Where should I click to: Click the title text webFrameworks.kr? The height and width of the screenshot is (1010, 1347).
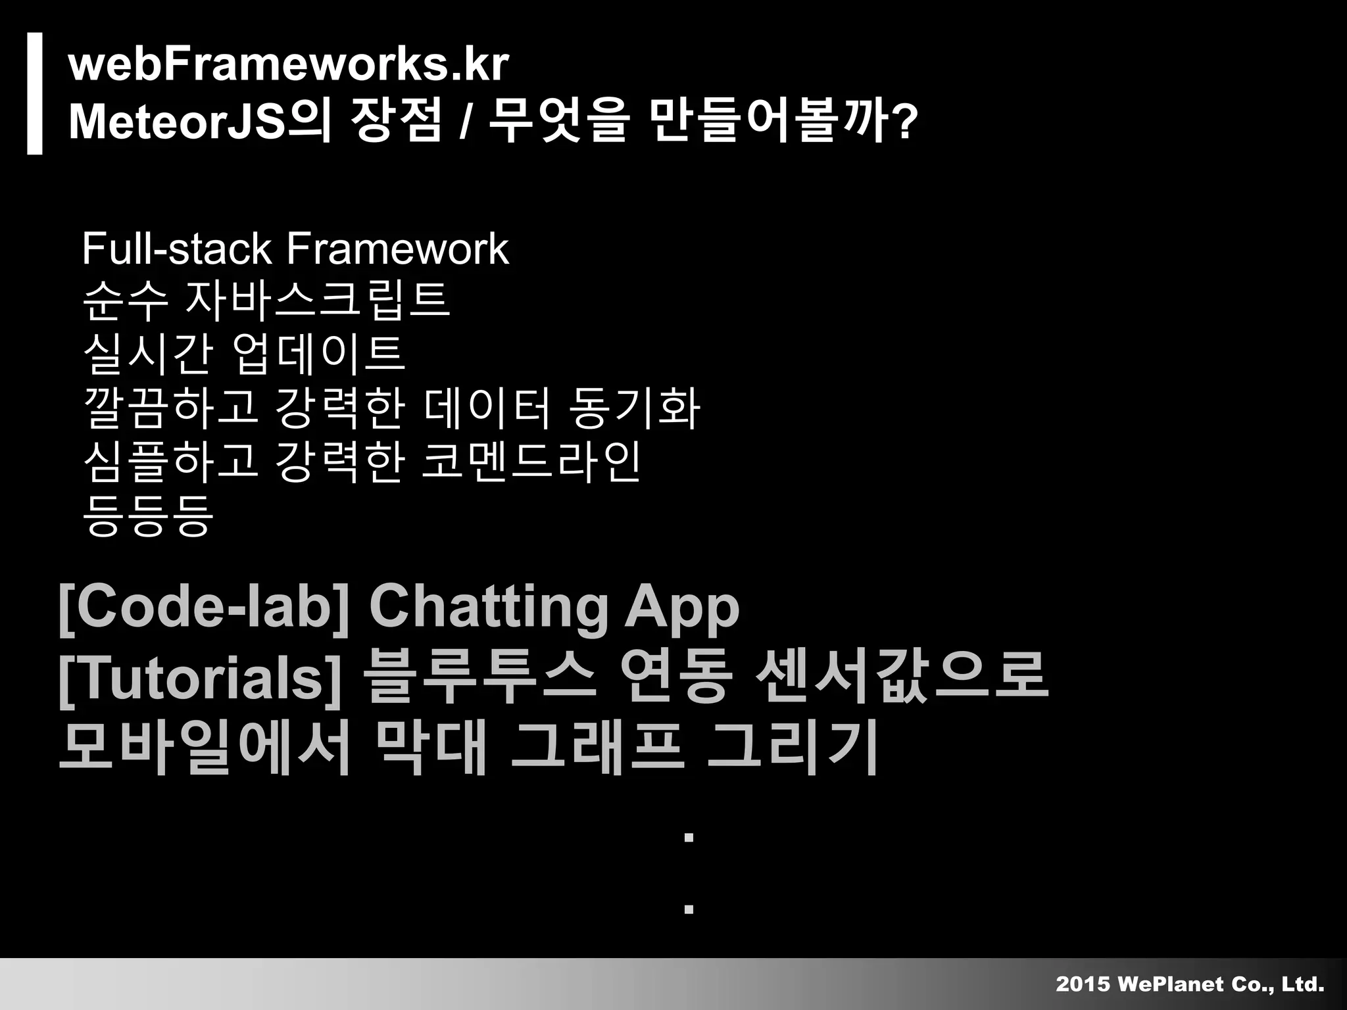(x=288, y=64)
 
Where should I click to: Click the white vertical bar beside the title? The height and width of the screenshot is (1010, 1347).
(x=35, y=93)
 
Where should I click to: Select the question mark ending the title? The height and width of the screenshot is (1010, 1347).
(x=906, y=122)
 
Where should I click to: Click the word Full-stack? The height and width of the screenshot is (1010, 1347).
(x=176, y=249)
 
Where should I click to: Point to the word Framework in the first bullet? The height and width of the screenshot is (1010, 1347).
(x=397, y=249)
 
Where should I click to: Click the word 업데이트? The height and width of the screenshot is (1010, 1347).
(x=318, y=353)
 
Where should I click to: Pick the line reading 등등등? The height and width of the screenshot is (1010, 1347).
(x=148, y=514)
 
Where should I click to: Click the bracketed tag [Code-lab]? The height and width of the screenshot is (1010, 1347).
(x=204, y=606)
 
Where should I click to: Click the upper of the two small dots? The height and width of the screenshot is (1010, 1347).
(x=689, y=838)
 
